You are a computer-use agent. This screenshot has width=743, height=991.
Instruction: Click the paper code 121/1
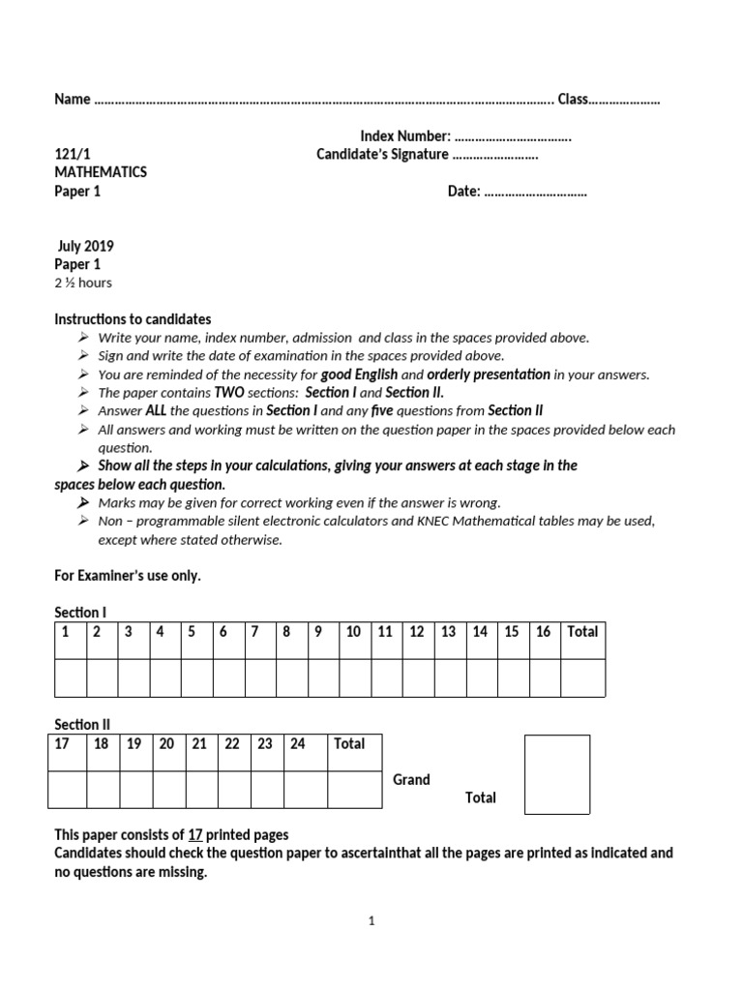[70, 154]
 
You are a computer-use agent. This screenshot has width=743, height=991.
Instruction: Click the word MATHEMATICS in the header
[101, 172]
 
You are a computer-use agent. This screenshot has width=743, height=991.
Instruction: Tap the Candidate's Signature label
[382, 154]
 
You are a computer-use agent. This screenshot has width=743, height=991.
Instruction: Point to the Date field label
[463, 192]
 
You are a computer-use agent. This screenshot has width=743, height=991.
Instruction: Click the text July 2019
[85, 246]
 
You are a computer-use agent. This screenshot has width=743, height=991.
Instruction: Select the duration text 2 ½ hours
[83, 283]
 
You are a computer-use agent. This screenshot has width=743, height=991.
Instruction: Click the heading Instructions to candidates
[133, 319]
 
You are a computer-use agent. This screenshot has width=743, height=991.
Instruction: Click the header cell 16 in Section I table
[543, 632]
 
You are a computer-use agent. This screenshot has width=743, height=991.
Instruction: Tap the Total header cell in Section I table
[582, 632]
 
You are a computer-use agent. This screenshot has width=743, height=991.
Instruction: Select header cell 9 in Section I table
[316, 632]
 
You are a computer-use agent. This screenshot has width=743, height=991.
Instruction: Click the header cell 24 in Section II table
[298, 743]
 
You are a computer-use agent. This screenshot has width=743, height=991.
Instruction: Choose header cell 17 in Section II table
[63, 743]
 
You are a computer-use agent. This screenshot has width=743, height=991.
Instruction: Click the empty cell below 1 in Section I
[71, 677]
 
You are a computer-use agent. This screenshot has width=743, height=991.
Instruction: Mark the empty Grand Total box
[557, 774]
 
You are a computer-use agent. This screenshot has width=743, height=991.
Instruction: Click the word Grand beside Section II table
[411, 780]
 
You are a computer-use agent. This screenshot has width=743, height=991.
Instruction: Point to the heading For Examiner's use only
[128, 576]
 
